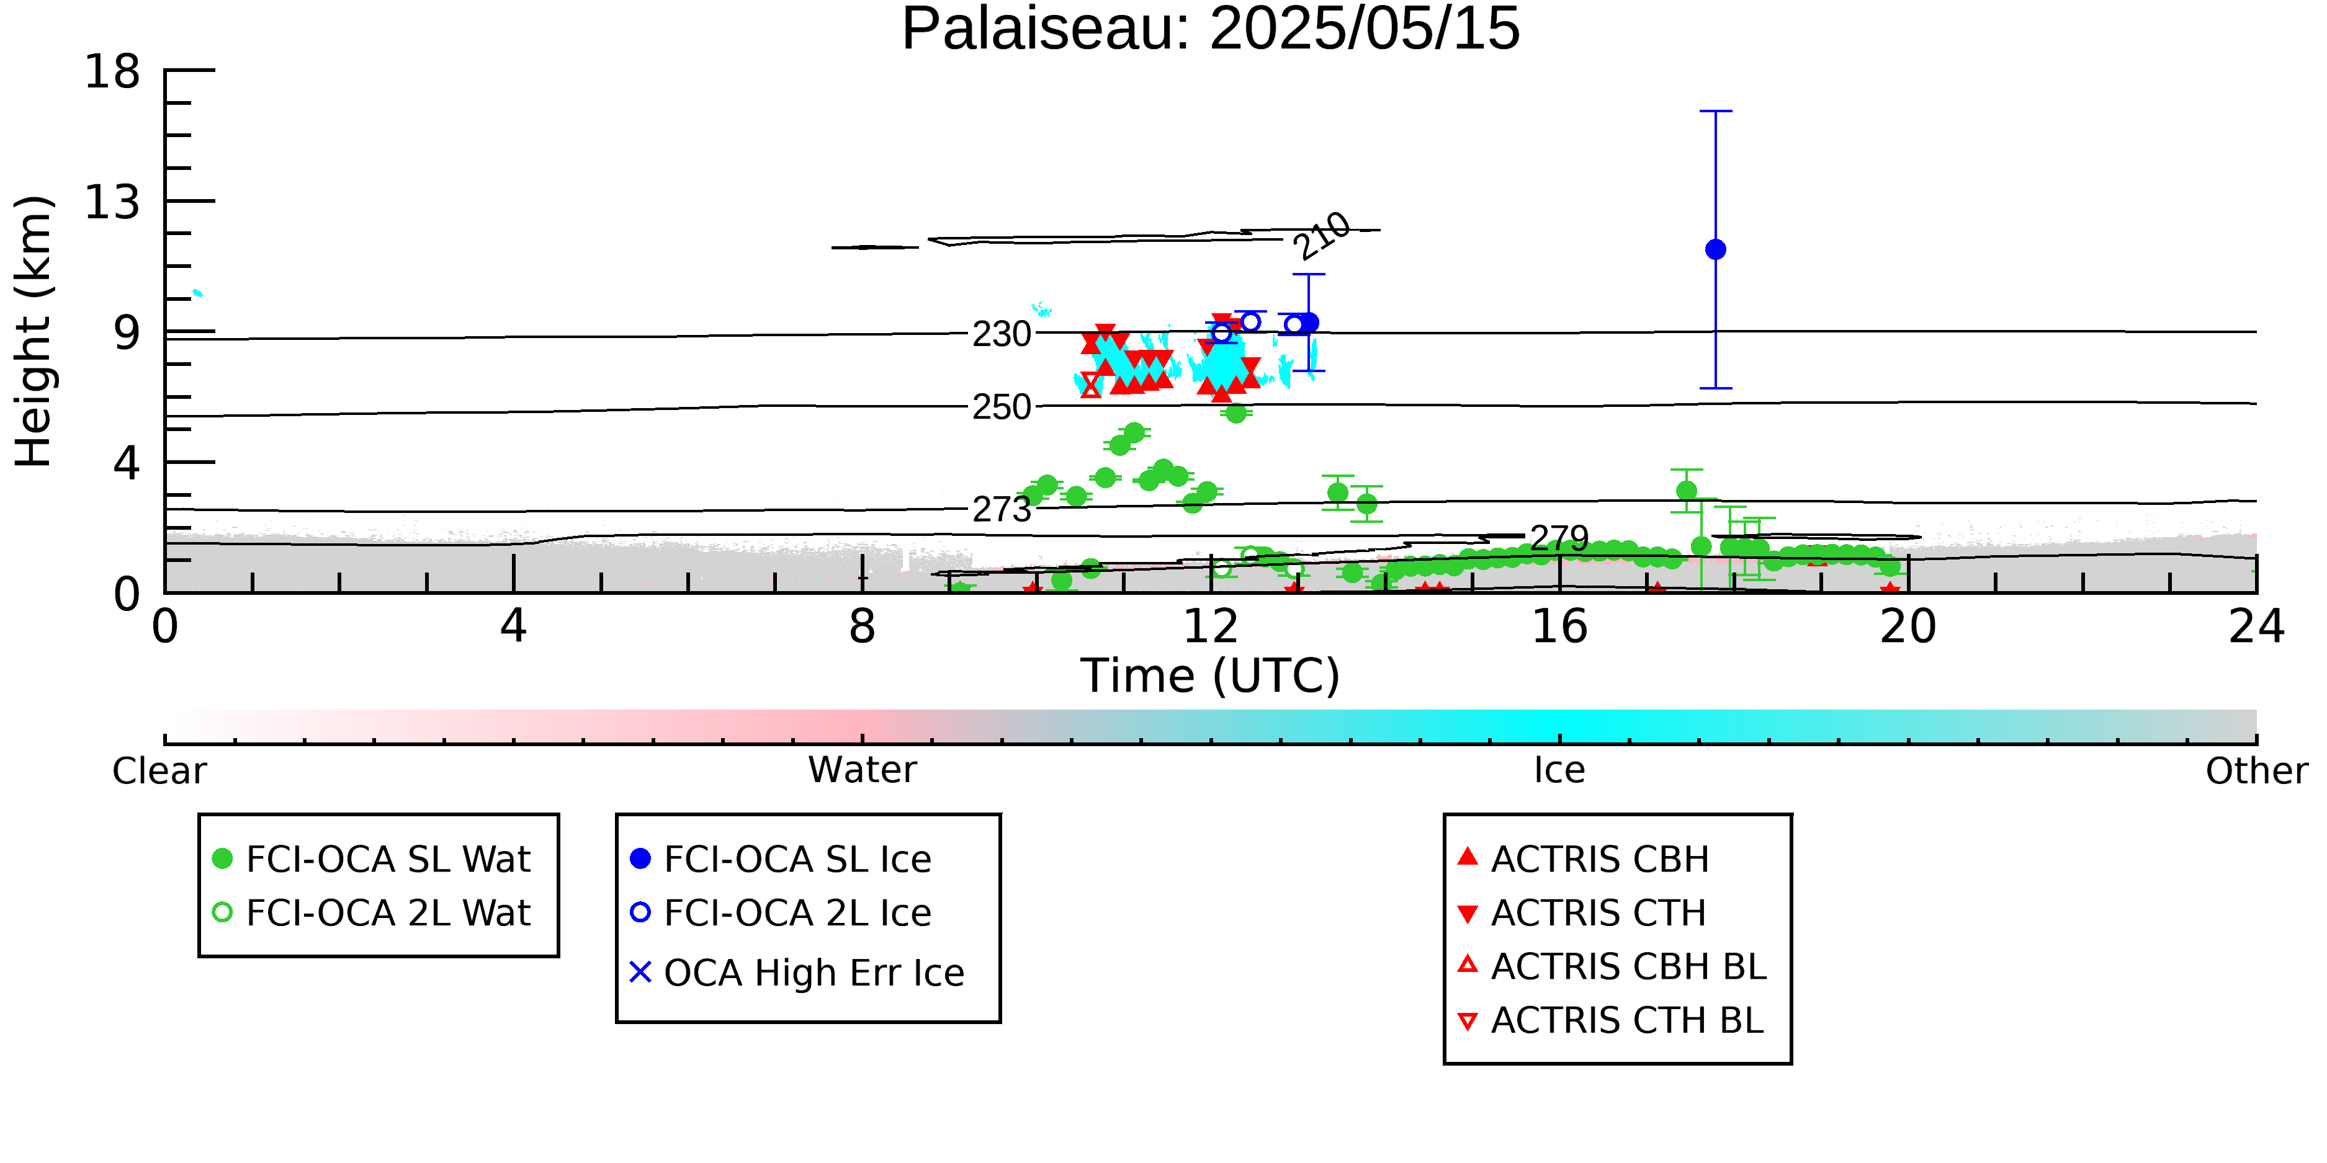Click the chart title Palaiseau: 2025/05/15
[1211, 29]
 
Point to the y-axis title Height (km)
[34, 331]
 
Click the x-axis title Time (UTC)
[1211, 675]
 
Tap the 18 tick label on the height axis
[112, 71]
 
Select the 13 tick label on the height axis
[112, 202]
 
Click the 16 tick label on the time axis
[1560, 626]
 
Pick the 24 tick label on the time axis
[2256, 626]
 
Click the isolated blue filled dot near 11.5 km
[1715, 249]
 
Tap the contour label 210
[1322, 236]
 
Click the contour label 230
[1002, 334]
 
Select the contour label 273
[1002, 510]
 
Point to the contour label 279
[1559, 538]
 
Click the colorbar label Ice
[1559, 770]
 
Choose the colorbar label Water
[863, 770]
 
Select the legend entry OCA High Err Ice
[797, 973]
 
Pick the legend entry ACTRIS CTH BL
[1611, 1020]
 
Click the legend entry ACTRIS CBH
[1584, 858]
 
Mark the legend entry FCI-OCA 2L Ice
[781, 913]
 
